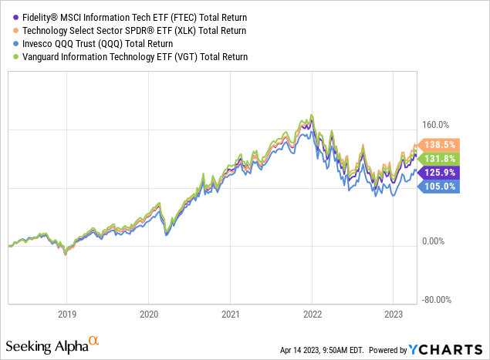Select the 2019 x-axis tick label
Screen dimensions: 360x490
(66, 315)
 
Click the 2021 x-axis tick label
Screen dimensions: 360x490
(229, 315)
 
